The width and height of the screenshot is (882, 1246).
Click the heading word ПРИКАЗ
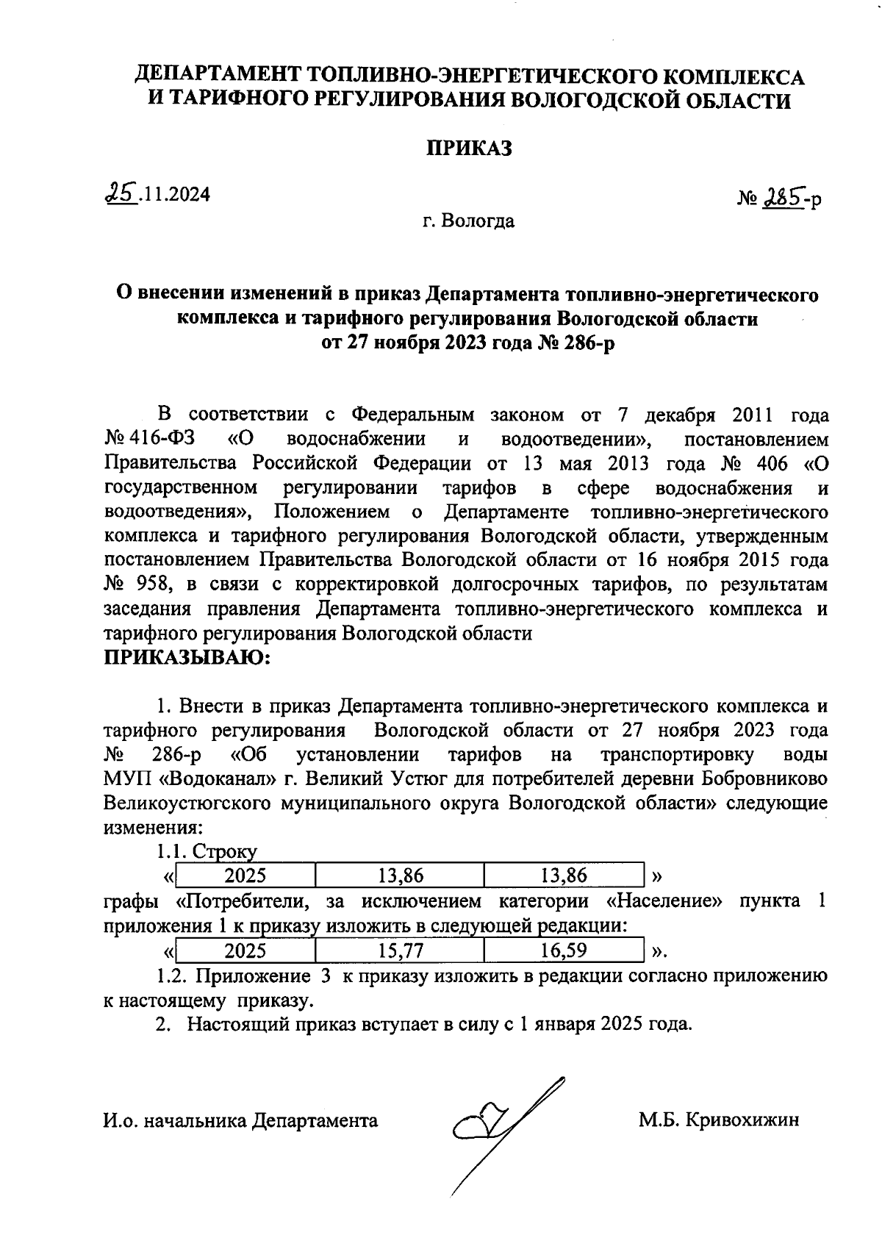click(469, 148)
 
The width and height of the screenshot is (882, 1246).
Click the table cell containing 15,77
click(400, 950)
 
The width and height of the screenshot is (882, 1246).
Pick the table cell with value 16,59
click(564, 950)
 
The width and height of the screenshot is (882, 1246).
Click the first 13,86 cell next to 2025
click(400, 875)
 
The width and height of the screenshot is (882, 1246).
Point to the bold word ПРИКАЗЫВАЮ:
click(187, 657)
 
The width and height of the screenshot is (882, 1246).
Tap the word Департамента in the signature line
click(315, 1120)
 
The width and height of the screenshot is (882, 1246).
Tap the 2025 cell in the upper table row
click(245, 875)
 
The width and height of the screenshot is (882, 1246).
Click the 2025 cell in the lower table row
click(245, 950)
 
